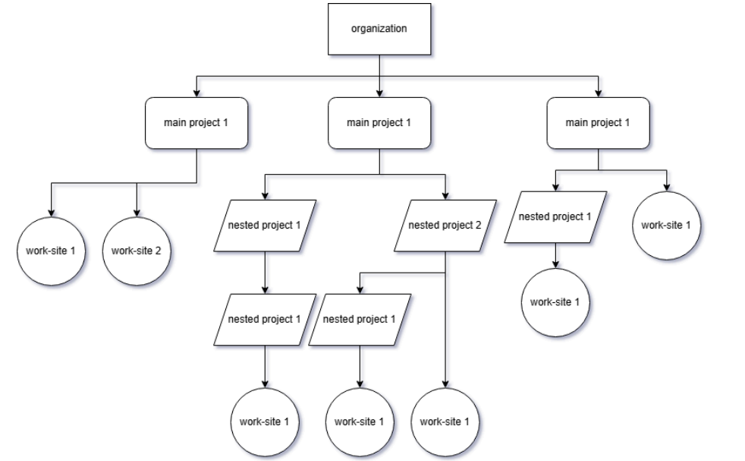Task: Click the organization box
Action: pyautogui.click(x=379, y=30)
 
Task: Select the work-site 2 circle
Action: pyautogui.click(x=137, y=251)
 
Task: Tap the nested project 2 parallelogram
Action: pyautogui.click(x=445, y=226)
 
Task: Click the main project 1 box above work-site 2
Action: pyautogui.click(x=197, y=123)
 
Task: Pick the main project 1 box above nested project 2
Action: pyautogui.click(x=379, y=123)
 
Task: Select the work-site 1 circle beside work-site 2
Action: pyautogui.click(x=51, y=251)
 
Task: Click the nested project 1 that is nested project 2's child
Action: pyautogui.click(x=360, y=319)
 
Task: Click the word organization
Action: pyautogui.click(x=379, y=30)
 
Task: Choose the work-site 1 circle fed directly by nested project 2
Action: pyautogui.click(x=445, y=422)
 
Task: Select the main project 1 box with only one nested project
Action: pyautogui.click(x=599, y=123)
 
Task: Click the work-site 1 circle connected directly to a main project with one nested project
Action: pyautogui.click(x=668, y=226)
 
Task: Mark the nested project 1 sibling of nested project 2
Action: pyautogui.click(x=264, y=226)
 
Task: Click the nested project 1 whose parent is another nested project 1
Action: pyautogui.click(x=264, y=319)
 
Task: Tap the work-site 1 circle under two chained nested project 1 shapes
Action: pyautogui.click(x=264, y=422)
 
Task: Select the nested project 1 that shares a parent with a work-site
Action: pyautogui.click(x=555, y=217)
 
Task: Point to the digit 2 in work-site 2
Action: pyautogui.click(x=156, y=251)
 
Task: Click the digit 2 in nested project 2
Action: pyautogui.click(x=477, y=226)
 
